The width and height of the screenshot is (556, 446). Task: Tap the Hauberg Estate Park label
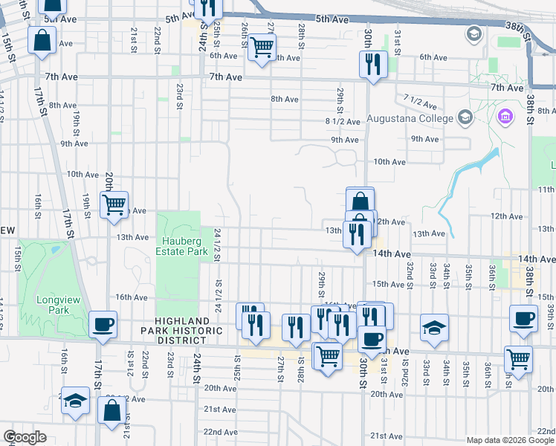pyautogui.click(x=178, y=247)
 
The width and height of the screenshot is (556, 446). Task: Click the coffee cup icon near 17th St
pyautogui.click(x=103, y=324)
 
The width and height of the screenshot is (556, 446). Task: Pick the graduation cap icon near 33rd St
pyautogui.click(x=435, y=327)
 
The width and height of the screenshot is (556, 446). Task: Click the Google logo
pyautogui.click(x=25, y=437)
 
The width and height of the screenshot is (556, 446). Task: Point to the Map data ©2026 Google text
pyautogui.click(x=509, y=439)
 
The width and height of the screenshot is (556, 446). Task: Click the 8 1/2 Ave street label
pyautogui.click(x=342, y=121)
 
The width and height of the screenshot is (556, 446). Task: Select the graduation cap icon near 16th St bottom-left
pyautogui.click(x=74, y=400)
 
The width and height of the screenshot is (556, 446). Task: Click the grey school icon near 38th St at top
pyautogui.click(x=473, y=34)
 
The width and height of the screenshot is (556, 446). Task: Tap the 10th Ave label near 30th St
pyautogui.click(x=389, y=161)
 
